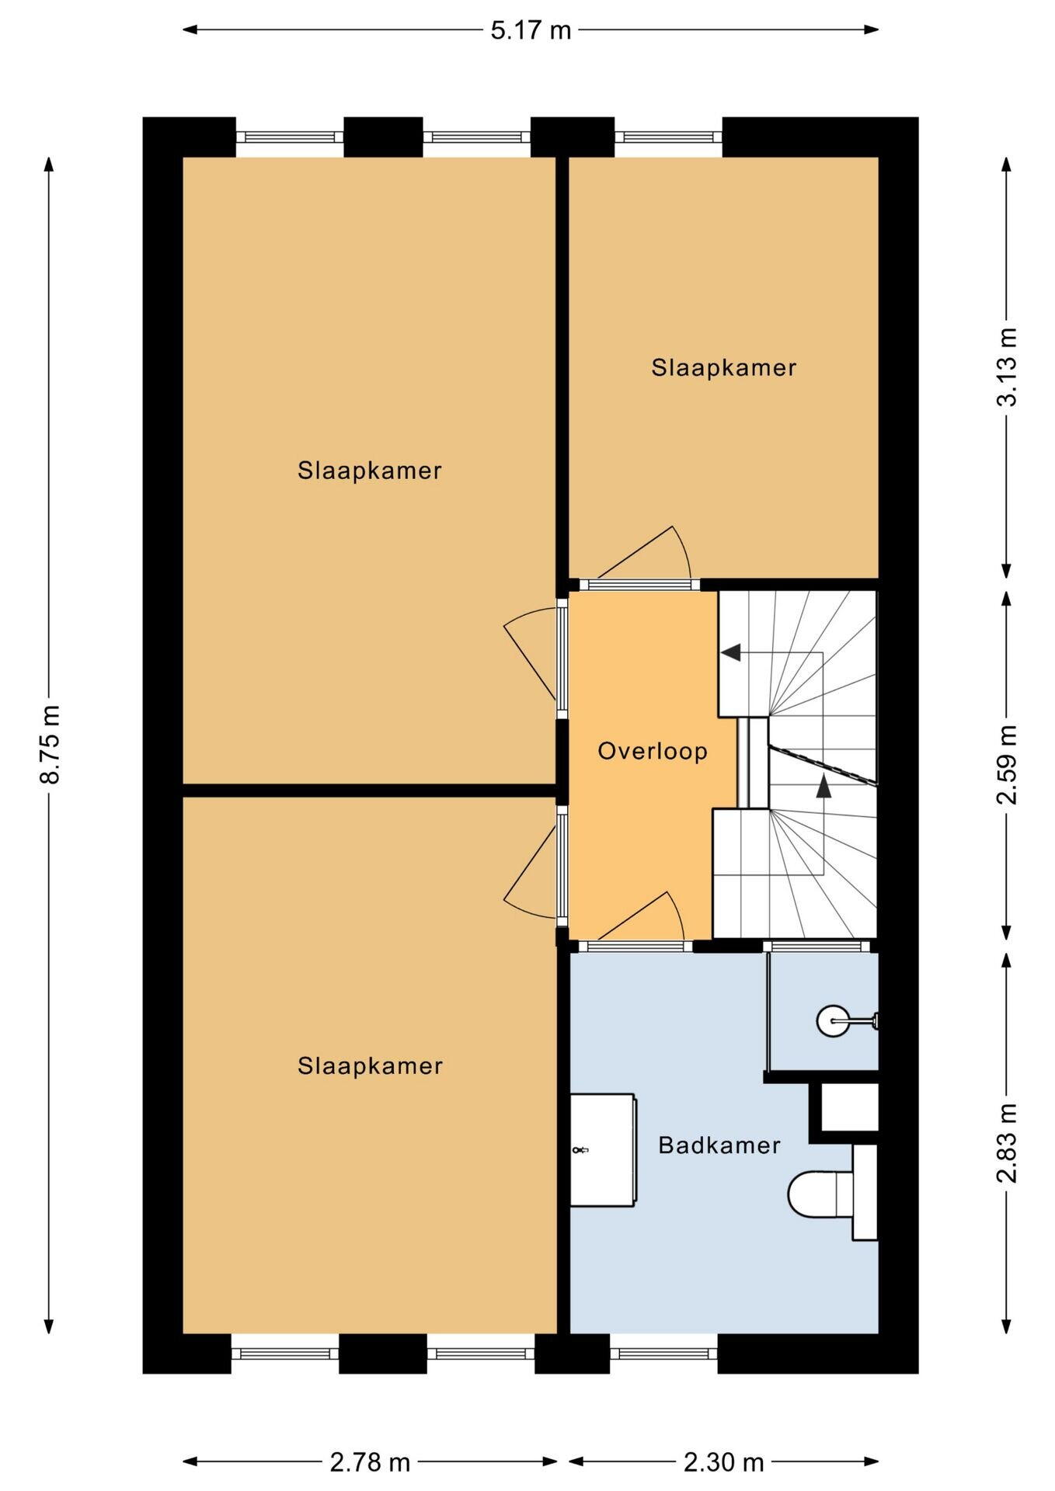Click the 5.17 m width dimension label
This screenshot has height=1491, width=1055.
531,30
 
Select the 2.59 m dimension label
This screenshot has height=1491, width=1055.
1007,765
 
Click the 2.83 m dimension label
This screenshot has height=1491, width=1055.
1007,1142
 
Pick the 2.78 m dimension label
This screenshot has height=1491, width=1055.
370,1462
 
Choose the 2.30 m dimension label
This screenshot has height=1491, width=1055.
724,1462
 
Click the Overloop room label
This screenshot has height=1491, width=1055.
653,752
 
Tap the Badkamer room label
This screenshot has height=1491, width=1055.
719,1145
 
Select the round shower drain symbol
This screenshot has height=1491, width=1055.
834,1020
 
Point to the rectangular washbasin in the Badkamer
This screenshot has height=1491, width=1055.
604,1149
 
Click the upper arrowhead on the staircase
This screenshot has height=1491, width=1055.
730,652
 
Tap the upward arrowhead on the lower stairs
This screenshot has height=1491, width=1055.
823,786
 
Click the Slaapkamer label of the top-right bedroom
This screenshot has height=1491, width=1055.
724,367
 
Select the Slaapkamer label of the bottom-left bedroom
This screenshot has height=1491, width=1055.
370,1065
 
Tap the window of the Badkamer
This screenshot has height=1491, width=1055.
663,1353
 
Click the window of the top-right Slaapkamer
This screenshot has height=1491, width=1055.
668,137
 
